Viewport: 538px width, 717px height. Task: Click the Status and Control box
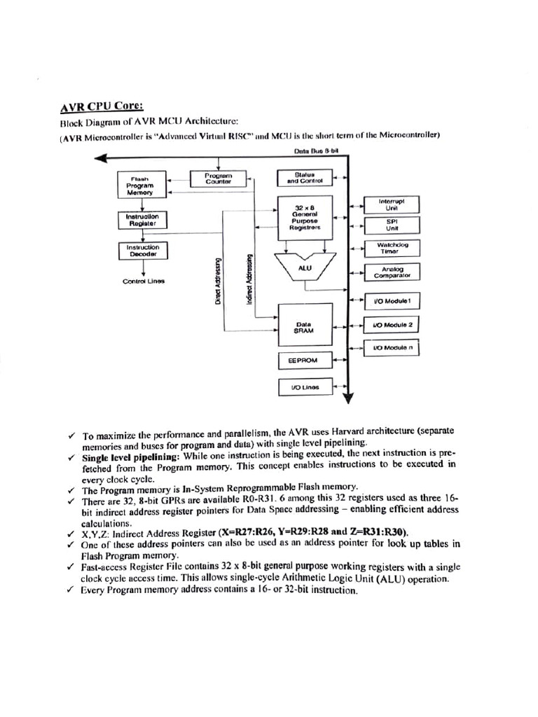pos(306,178)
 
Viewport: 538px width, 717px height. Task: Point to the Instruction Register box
pos(143,220)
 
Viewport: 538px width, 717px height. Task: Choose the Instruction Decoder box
pos(143,251)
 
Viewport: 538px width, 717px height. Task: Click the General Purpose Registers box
pos(306,217)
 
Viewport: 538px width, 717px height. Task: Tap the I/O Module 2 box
pos(393,326)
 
